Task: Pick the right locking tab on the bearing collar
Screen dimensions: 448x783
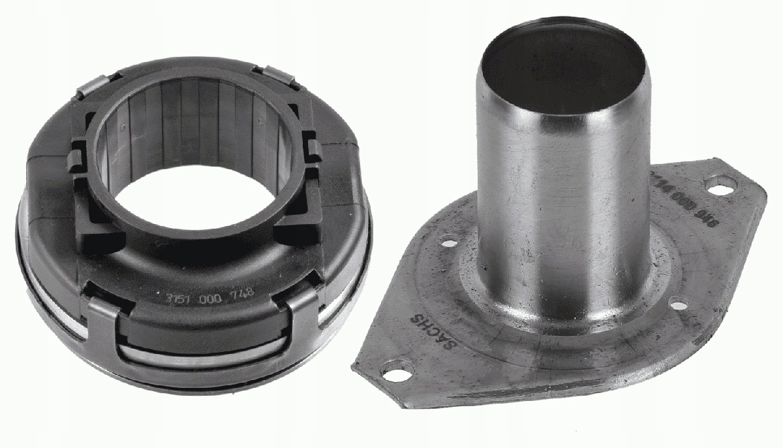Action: click(311, 147)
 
